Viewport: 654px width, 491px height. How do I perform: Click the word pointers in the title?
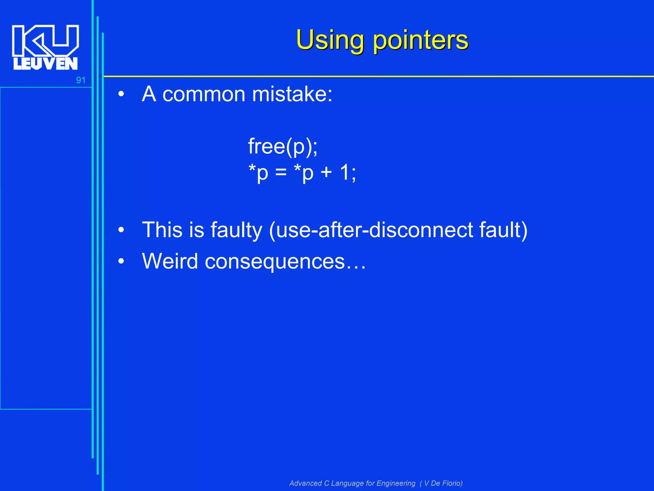(x=421, y=41)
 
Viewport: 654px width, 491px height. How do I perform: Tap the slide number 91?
(x=81, y=80)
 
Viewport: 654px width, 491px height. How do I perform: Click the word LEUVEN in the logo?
(x=45, y=64)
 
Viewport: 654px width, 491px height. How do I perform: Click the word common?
(x=204, y=94)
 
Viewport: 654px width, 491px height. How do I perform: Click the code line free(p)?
(x=283, y=146)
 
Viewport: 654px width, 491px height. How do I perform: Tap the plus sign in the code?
(x=326, y=173)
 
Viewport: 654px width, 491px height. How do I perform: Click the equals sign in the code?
(x=281, y=173)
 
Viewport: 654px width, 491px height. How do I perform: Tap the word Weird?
(x=170, y=261)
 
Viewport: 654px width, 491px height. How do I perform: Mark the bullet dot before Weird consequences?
(x=121, y=261)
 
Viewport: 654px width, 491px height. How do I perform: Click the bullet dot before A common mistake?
(x=121, y=94)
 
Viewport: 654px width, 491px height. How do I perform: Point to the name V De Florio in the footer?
(x=443, y=483)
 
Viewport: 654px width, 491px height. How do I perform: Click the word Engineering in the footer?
(x=396, y=483)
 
